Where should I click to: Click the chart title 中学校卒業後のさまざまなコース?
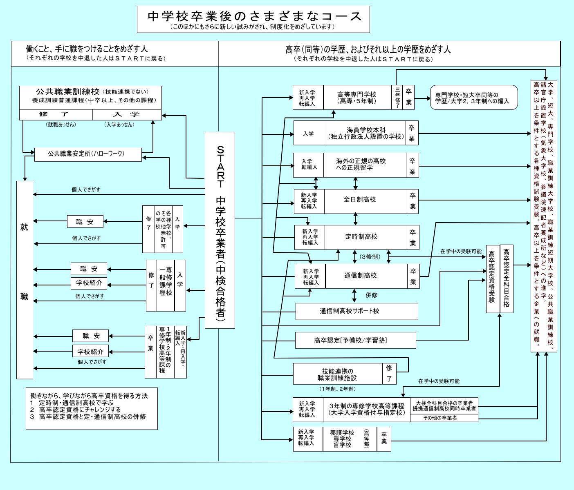click(253, 16)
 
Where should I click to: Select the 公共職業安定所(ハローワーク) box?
click(88, 154)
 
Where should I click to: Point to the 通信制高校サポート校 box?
click(357, 311)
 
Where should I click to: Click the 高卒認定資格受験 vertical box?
click(493, 278)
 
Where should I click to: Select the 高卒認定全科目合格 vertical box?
click(507, 278)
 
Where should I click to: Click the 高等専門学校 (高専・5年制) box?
click(357, 97)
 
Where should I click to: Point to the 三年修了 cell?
click(397, 97)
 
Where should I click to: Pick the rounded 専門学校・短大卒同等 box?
click(473, 97)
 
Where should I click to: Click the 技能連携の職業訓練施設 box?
click(337, 374)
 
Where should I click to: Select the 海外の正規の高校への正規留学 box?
click(365, 165)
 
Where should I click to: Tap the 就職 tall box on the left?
click(25, 280)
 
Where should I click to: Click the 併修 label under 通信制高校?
click(371, 295)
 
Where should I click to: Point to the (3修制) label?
click(370, 257)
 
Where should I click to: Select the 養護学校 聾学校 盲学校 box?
click(350, 439)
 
